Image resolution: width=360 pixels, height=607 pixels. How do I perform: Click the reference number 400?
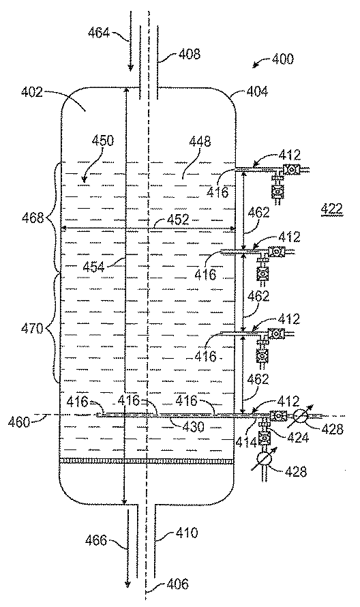(x=282, y=59)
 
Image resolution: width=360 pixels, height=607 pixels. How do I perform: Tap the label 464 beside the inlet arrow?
(x=98, y=33)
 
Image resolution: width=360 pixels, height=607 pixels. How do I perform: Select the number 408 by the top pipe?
(x=190, y=53)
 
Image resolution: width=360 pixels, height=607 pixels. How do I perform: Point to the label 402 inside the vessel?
(x=31, y=92)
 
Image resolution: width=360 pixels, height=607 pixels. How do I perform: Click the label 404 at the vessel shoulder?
(x=256, y=91)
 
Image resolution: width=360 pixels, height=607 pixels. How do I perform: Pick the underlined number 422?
(x=332, y=209)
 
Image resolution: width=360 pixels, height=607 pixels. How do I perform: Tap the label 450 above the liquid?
(x=102, y=140)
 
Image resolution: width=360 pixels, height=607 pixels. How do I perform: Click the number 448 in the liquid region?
(x=200, y=141)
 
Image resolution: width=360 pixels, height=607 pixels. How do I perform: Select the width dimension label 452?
(x=178, y=220)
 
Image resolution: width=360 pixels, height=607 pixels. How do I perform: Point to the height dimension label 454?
(x=93, y=267)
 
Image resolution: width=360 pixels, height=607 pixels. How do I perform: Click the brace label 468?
(x=33, y=218)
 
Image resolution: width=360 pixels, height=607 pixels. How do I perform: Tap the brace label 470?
(x=32, y=329)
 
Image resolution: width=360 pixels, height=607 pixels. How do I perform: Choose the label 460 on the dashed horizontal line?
(x=19, y=421)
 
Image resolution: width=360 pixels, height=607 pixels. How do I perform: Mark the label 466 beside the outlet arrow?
(x=95, y=540)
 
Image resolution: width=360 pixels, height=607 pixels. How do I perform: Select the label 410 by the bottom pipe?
(x=187, y=533)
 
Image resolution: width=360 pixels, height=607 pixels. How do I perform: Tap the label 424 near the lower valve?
(x=297, y=437)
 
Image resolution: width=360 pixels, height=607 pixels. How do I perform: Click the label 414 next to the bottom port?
(x=247, y=442)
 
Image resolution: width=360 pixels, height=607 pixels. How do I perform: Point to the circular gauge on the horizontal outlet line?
(x=300, y=416)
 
